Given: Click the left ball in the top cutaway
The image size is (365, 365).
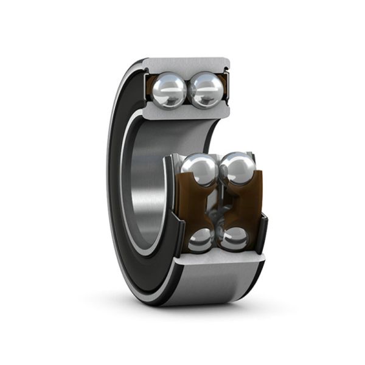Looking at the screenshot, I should (170, 90).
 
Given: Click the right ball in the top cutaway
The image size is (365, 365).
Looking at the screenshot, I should (205, 90).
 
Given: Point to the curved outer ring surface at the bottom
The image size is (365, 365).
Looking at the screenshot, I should (207, 289).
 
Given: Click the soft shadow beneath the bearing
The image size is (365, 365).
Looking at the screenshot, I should (201, 313).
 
